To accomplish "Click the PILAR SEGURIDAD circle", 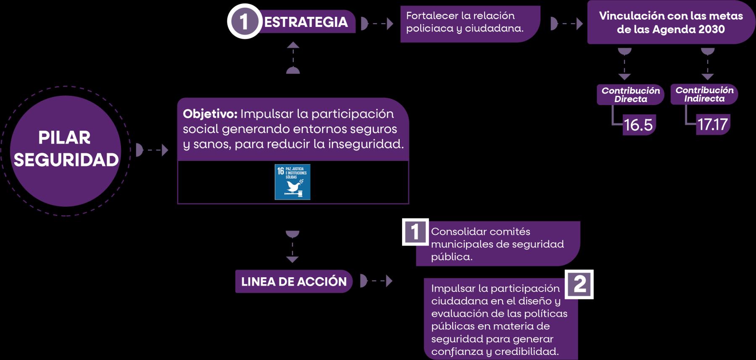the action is coord(66,150).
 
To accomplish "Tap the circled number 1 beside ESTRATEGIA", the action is coord(244,21).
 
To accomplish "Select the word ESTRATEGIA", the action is coord(306,22).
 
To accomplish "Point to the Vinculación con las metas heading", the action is coord(671,23).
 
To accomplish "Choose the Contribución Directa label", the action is coord(630,95).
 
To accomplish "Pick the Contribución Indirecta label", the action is coord(704,94).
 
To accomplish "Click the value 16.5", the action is coord(638,125).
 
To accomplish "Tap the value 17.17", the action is coord(712,124).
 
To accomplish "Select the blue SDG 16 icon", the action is coord(292,181).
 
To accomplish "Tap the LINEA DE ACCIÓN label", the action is coord(294,281).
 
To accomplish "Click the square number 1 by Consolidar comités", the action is coord(415,231).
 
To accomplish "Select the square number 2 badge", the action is coord(579,284).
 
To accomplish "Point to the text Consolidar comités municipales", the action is coord(497,244).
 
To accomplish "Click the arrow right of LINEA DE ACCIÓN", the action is coord(377,281).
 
